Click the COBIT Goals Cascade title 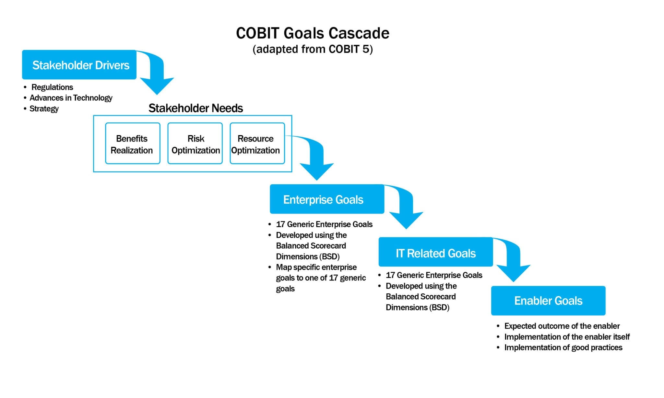[312, 33]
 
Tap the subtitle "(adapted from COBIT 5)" [312, 49]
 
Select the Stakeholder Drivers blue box [79, 65]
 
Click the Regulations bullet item [52, 87]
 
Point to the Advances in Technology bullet [71, 98]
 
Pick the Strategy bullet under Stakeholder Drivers [44, 108]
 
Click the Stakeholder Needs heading [196, 108]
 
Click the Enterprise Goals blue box [326, 199]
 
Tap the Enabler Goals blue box [548, 301]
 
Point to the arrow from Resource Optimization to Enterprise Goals [316, 162]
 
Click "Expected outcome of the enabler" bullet [562, 326]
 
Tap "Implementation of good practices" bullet [563, 347]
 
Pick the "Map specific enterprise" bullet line [316, 267]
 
